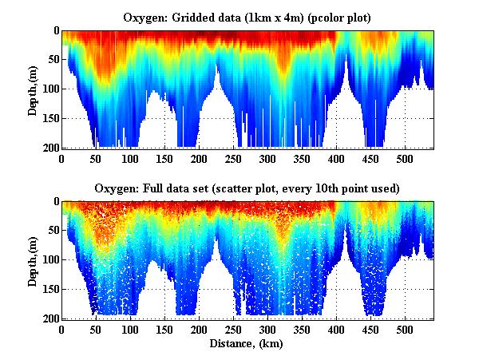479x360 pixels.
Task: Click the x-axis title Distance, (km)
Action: pos(247,343)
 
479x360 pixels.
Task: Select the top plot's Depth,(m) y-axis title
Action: pos(33,89)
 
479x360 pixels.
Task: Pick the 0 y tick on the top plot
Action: pos(54,31)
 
